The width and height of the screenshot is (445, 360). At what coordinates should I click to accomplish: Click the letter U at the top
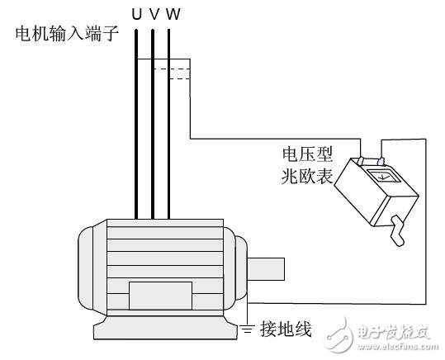tap(136, 14)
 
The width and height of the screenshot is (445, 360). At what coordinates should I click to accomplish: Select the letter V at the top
tap(154, 14)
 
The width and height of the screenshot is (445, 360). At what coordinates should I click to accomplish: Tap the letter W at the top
tap(172, 14)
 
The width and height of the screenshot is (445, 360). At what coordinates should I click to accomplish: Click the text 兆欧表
tap(305, 175)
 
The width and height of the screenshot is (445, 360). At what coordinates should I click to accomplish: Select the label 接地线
tap(285, 330)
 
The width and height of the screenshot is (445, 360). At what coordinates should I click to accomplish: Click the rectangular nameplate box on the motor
tap(160, 295)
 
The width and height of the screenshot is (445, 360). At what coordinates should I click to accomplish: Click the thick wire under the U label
tap(136, 124)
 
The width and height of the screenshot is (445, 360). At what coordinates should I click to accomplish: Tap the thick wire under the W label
tap(169, 124)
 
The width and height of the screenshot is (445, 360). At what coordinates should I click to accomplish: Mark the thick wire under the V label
tap(153, 124)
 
